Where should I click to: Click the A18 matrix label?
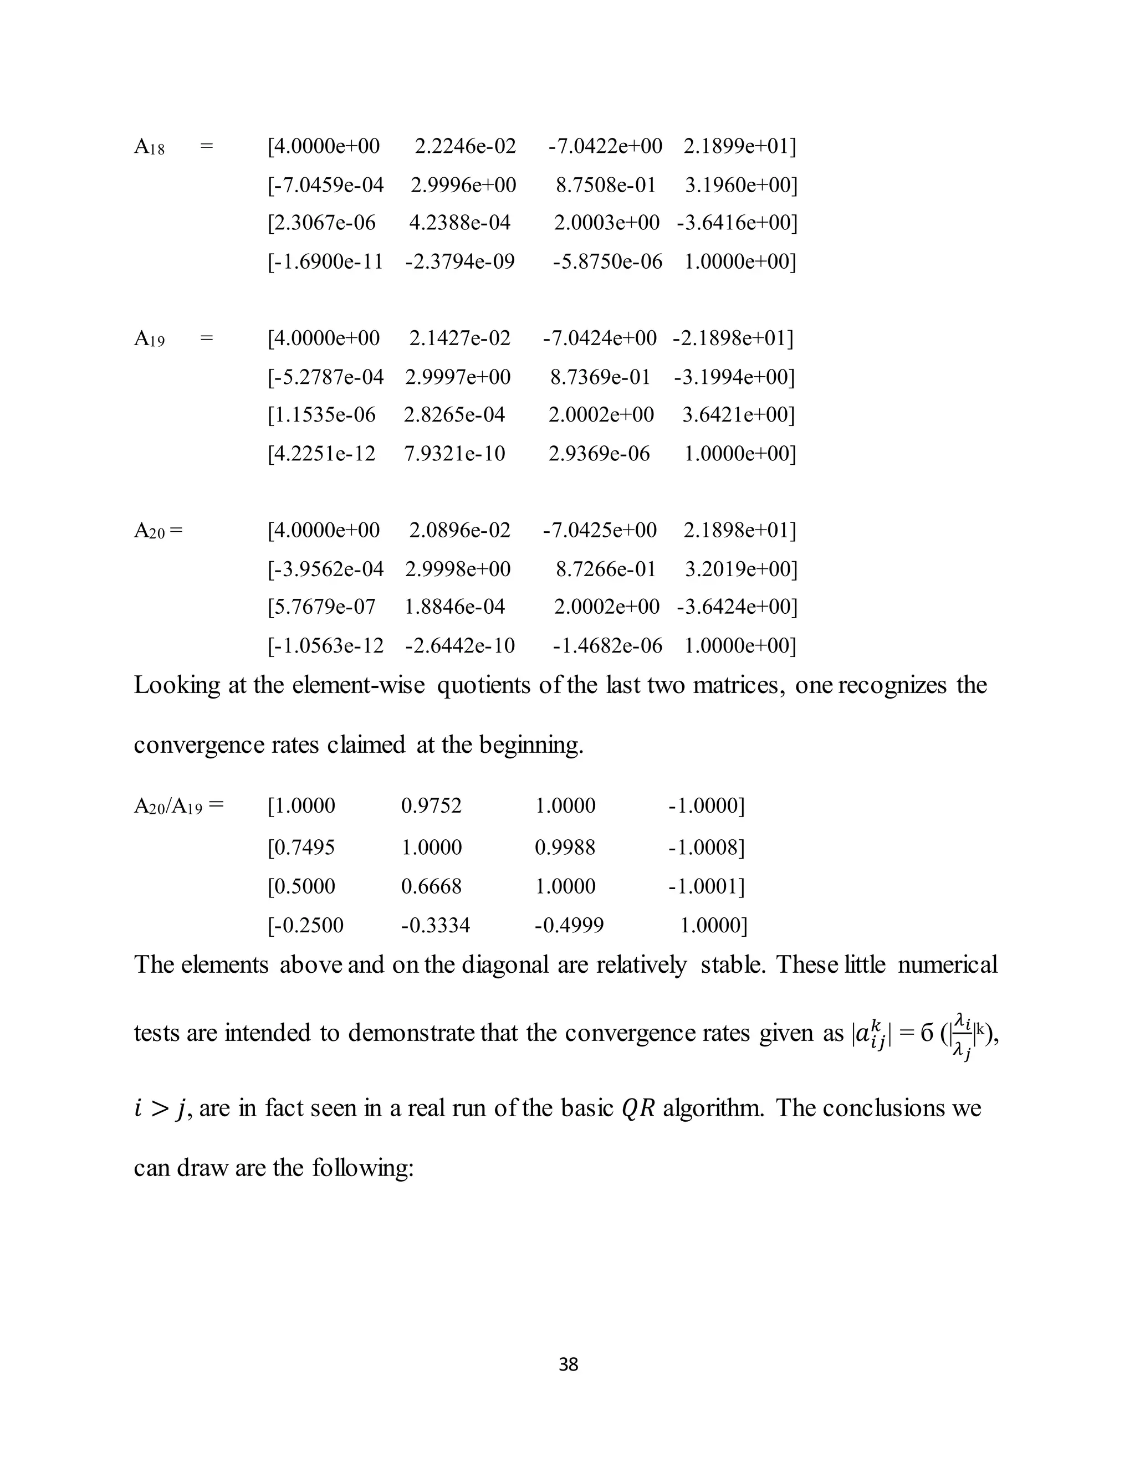(x=149, y=147)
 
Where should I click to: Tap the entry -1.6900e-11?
(x=325, y=261)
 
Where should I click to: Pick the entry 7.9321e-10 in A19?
(x=454, y=454)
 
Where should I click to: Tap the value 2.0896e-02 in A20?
(x=459, y=530)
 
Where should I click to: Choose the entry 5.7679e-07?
(x=321, y=607)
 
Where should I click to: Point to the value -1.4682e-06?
(x=607, y=646)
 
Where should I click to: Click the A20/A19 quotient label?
(x=178, y=805)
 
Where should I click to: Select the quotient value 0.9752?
(x=431, y=805)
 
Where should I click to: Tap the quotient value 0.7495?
(x=300, y=847)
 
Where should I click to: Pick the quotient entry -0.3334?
(x=435, y=926)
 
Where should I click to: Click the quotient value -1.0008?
(x=706, y=847)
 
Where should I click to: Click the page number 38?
(x=568, y=1364)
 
